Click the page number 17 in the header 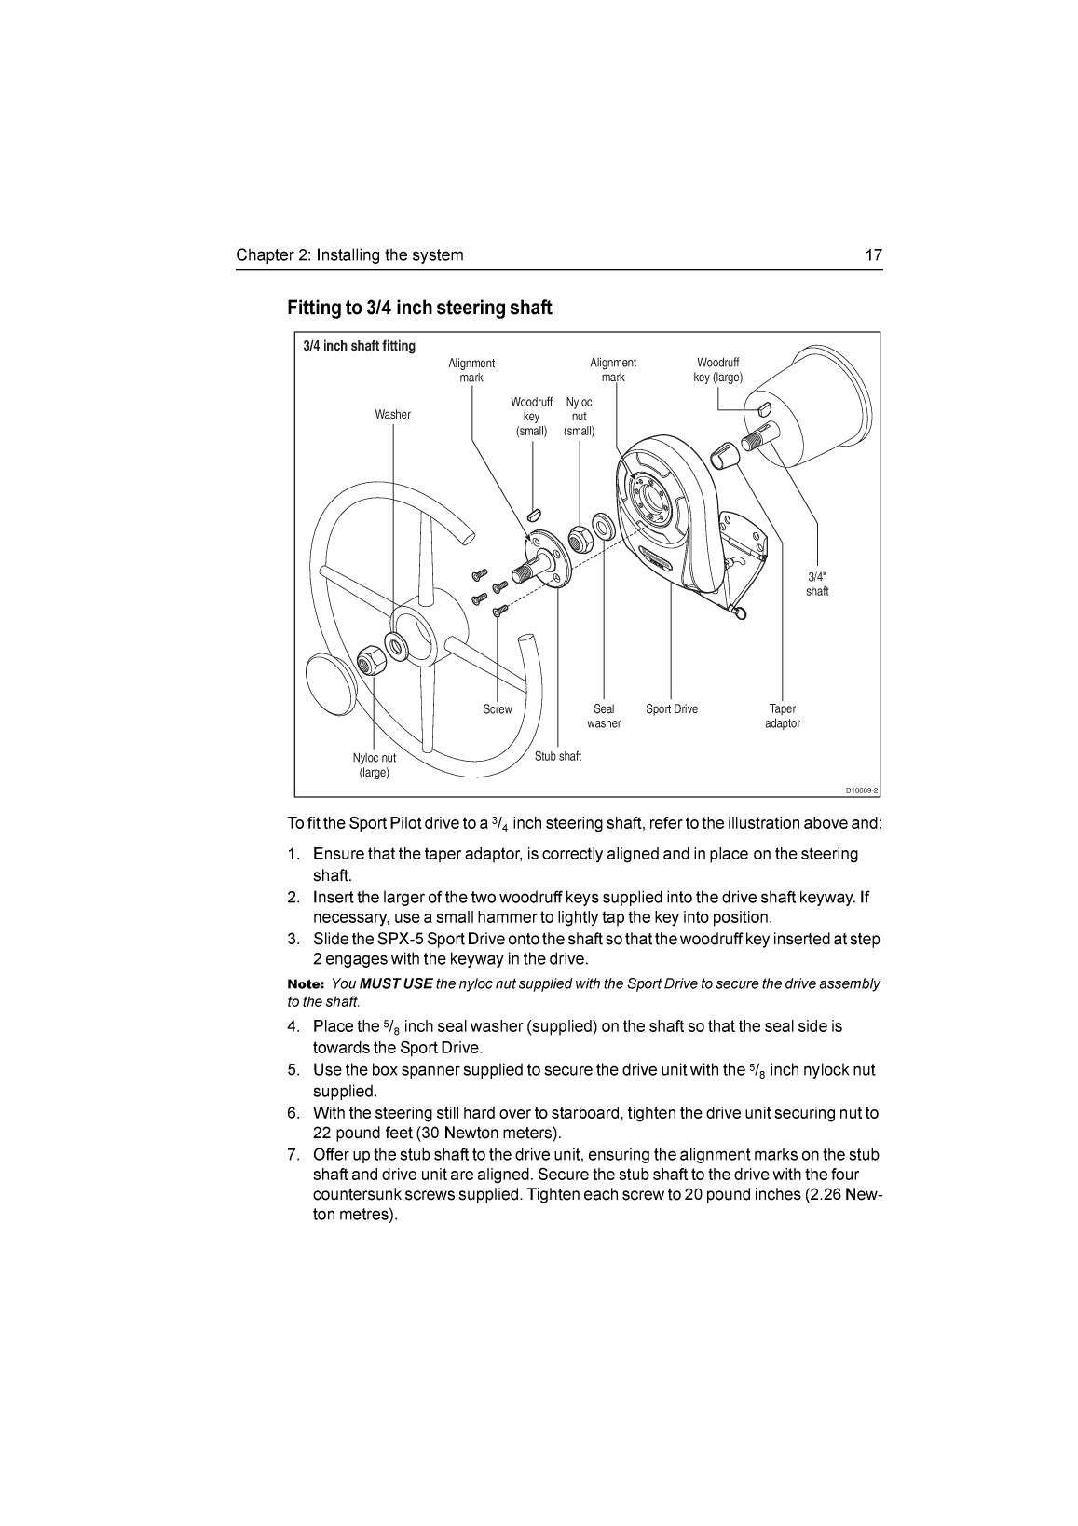(873, 255)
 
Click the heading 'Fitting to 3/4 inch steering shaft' (419, 308)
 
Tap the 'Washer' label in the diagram (392, 415)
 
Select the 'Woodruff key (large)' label (717, 370)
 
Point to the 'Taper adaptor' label (782, 716)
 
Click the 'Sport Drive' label (671, 709)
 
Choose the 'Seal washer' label (604, 716)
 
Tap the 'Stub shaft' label (557, 756)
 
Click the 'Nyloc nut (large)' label (374, 765)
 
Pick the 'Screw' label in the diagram (498, 709)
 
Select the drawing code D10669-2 (862, 790)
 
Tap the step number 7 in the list (293, 1155)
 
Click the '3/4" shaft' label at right (817, 584)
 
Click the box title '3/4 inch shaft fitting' (360, 346)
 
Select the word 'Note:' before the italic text (305, 984)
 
